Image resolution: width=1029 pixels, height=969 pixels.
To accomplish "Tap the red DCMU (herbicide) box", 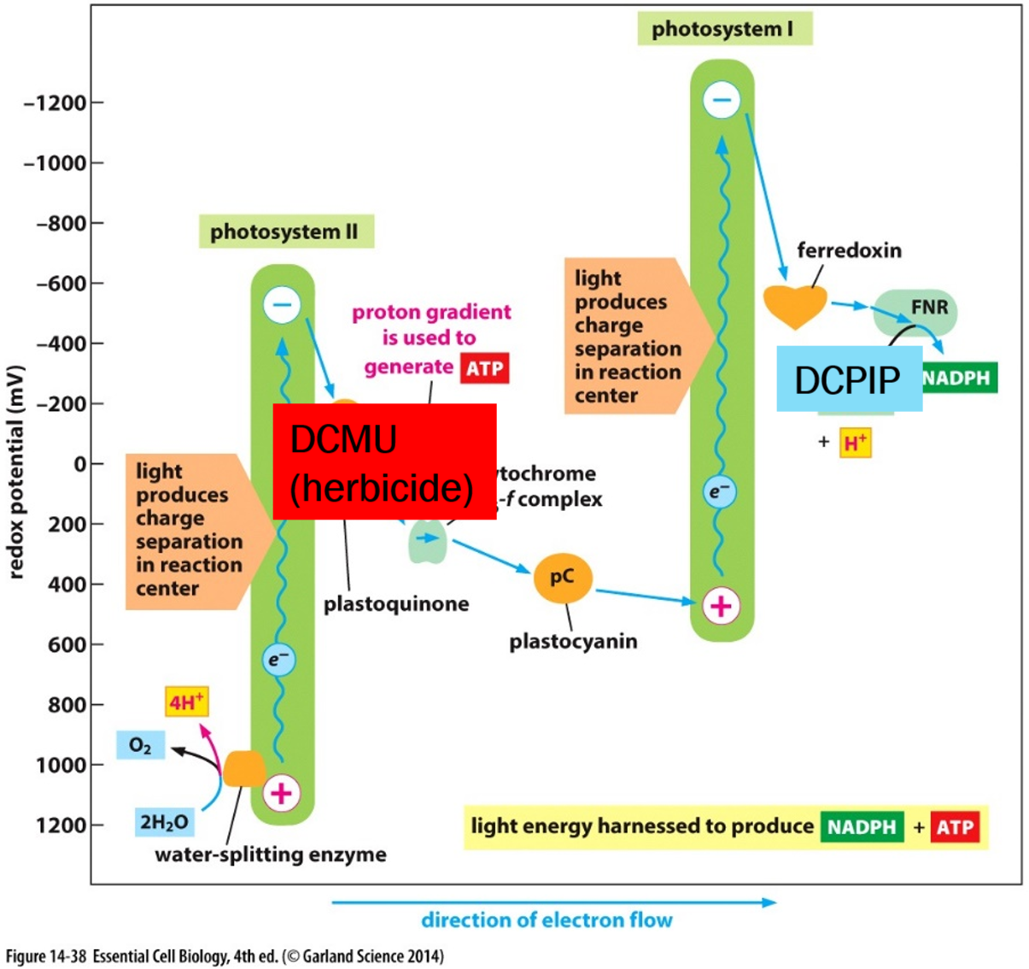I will [384, 461].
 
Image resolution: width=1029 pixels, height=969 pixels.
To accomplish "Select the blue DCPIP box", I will [849, 379].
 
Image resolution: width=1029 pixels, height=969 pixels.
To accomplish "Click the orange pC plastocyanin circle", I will [563, 578].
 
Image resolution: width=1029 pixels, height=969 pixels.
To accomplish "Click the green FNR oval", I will [915, 311].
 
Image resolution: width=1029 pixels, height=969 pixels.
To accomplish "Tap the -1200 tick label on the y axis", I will [56, 103].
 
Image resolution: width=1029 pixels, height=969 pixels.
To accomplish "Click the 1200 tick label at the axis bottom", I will [61, 825].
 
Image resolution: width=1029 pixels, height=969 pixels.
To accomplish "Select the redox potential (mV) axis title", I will [15, 473].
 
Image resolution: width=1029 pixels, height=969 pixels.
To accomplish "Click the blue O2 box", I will [140, 746].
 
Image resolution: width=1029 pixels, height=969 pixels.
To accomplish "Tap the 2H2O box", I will [164, 822].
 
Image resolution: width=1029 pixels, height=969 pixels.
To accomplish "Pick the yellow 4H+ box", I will [186, 702].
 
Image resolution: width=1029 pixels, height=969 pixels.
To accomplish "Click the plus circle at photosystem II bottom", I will [281, 793].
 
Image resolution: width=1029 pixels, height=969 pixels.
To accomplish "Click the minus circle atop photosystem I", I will [722, 100].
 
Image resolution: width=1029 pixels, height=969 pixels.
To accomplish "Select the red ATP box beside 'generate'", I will [485, 368].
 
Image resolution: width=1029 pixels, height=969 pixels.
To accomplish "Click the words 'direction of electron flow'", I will [547, 920].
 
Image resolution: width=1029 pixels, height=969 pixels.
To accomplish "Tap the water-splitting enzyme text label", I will [271, 854].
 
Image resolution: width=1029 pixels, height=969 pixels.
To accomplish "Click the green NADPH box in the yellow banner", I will [862, 827].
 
